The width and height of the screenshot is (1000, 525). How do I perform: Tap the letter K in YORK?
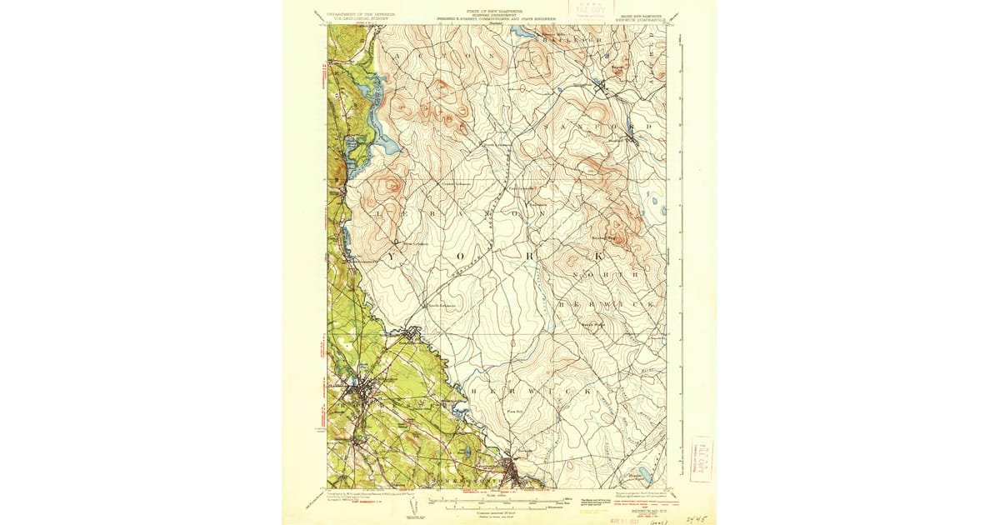[597, 257]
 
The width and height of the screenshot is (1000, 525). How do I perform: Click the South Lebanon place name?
[440, 305]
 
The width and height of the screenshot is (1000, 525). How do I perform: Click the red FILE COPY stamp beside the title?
[589, 12]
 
